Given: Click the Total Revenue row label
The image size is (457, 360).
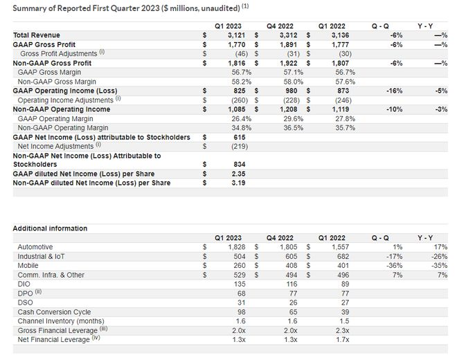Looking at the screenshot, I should (x=36, y=35).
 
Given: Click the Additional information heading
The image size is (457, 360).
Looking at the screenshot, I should (x=50, y=228).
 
